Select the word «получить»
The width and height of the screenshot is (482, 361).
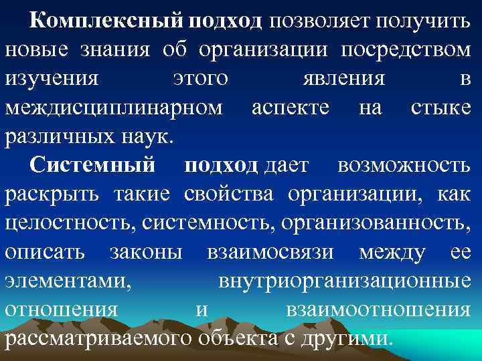click(423, 21)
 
